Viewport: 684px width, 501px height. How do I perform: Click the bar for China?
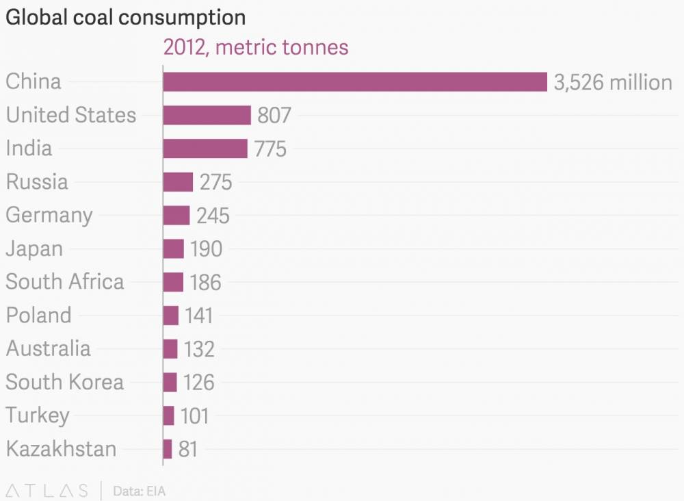pyautogui.click(x=355, y=81)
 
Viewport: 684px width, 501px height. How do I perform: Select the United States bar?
pyautogui.click(x=207, y=115)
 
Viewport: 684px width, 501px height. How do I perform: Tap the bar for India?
pyautogui.click(x=205, y=149)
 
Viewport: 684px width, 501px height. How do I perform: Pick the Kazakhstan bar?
pyautogui.click(x=168, y=449)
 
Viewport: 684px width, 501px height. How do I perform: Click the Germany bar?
pyautogui.click(x=176, y=215)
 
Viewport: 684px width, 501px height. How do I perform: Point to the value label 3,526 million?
pyautogui.click(x=613, y=82)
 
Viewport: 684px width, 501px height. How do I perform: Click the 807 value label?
pyautogui.click(x=274, y=115)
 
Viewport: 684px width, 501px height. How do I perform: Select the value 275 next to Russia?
pyautogui.click(x=216, y=182)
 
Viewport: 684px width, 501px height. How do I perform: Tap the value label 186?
pyautogui.click(x=205, y=282)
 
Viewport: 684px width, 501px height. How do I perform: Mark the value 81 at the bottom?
pyautogui.click(x=188, y=449)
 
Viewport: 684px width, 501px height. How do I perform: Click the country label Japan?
pyautogui.click(x=34, y=248)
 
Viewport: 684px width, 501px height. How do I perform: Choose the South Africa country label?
pyautogui.click(x=65, y=282)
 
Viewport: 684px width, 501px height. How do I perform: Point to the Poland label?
pyautogui.click(x=39, y=316)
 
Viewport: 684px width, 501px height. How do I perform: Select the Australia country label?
pyautogui.click(x=48, y=348)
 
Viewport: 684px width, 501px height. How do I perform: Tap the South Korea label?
pyautogui.click(x=65, y=382)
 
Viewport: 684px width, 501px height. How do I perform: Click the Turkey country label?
pyautogui.click(x=38, y=415)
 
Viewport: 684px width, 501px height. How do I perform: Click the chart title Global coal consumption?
pyautogui.click(x=125, y=17)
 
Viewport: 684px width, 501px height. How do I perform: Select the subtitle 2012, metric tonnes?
pyautogui.click(x=256, y=47)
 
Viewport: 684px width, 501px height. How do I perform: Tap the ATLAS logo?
pyautogui.click(x=47, y=490)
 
